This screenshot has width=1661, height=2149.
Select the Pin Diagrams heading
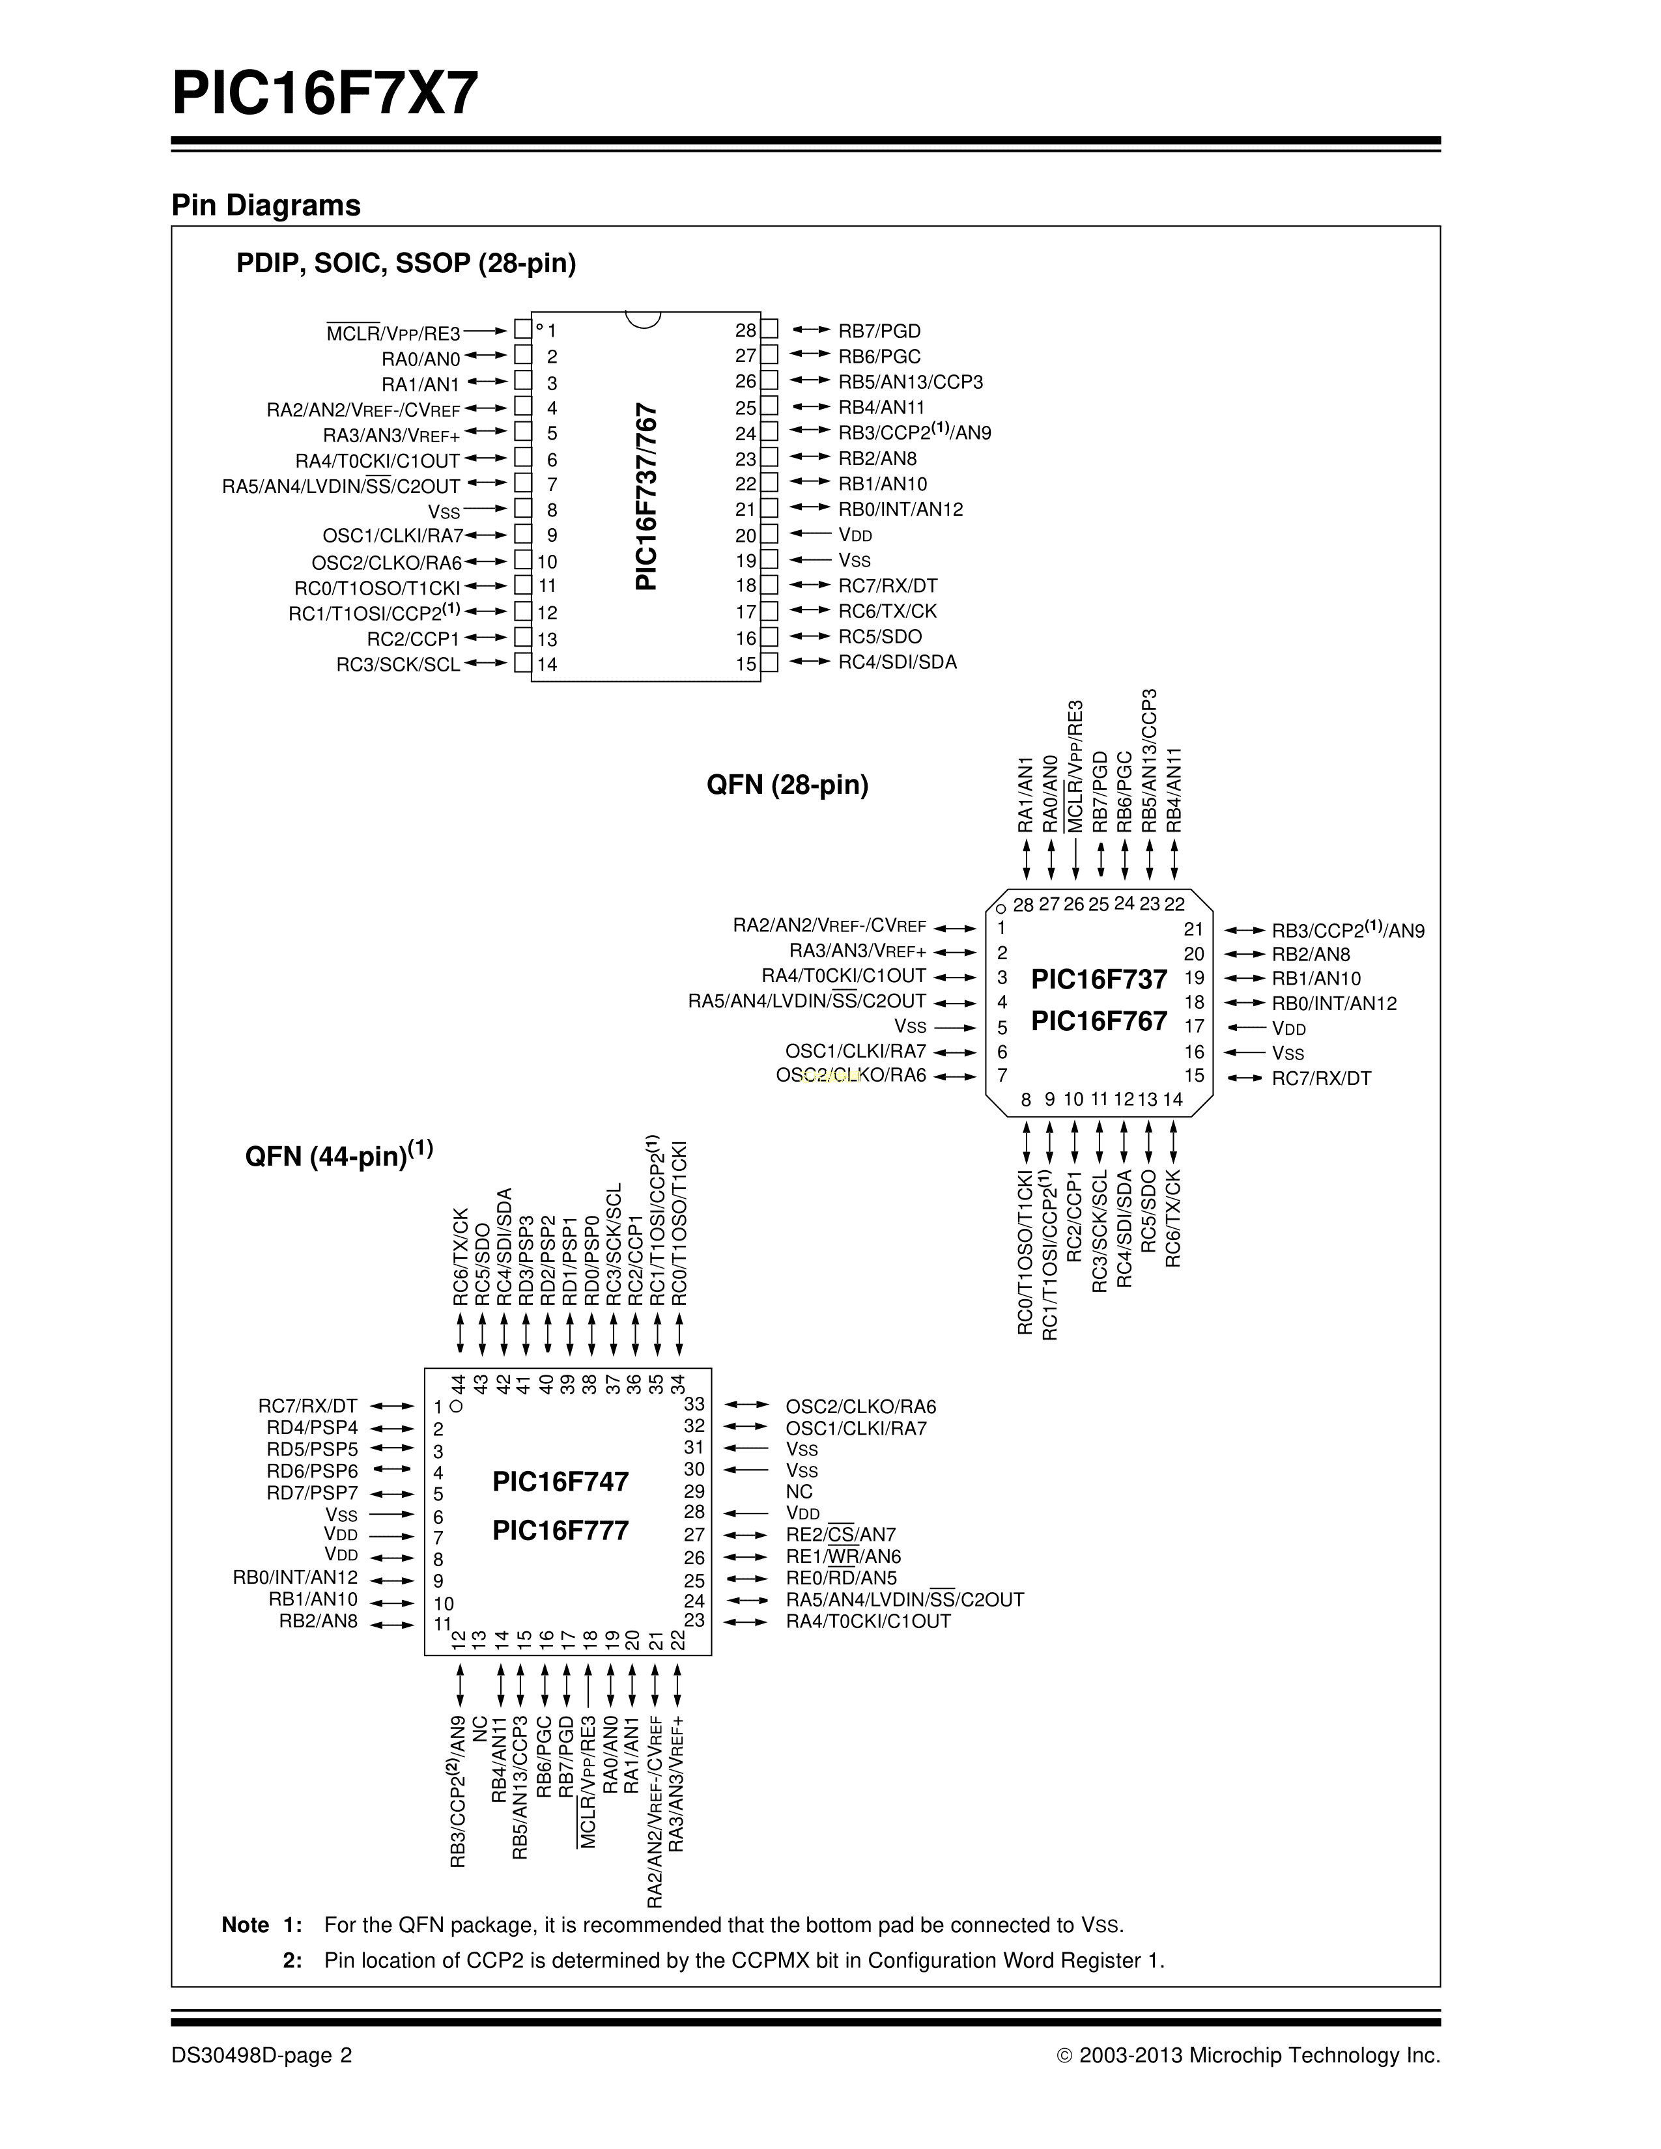pyautogui.click(x=266, y=206)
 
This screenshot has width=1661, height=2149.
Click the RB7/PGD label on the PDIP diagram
pyautogui.click(x=879, y=331)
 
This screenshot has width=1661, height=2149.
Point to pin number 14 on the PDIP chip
pyautogui.click(x=547, y=664)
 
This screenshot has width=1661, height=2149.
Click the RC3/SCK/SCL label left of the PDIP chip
pyautogui.click(x=397, y=665)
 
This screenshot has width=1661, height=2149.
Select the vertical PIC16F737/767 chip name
pyautogui.click(x=647, y=496)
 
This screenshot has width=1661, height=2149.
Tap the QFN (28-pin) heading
pyautogui.click(x=788, y=785)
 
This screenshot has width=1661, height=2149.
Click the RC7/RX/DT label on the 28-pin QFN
pyautogui.click(x=1320, y=1078)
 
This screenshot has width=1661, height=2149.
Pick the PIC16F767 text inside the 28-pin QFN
pyautogui.click(x=1098, y=1021)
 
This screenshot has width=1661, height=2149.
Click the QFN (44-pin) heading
pyautogui.click(x=339, y=1155)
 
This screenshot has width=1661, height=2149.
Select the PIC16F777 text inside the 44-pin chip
pyautogui.click(x=560, y=1531)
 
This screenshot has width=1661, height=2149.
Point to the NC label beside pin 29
pyautogui.click(x=799, y=1492)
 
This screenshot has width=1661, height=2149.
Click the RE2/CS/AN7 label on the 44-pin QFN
pyautogui.click(x=840, y=1535)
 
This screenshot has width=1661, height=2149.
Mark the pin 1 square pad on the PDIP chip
pyautogui.click(x=522, y=331)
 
